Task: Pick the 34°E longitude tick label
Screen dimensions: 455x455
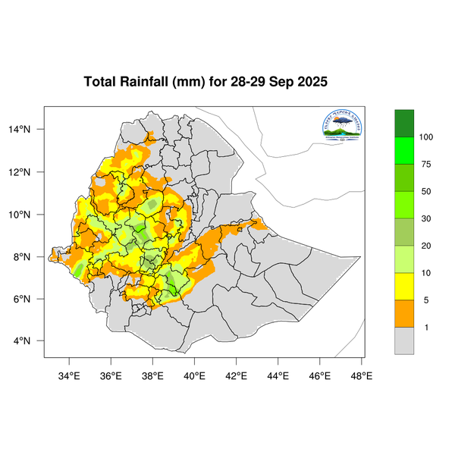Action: [70, 375]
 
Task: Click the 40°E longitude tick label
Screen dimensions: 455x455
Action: [194, 375]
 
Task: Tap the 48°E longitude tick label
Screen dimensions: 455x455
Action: [361, 375]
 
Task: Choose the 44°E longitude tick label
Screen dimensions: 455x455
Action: [278, 375]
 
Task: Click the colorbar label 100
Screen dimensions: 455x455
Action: [426, 136]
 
